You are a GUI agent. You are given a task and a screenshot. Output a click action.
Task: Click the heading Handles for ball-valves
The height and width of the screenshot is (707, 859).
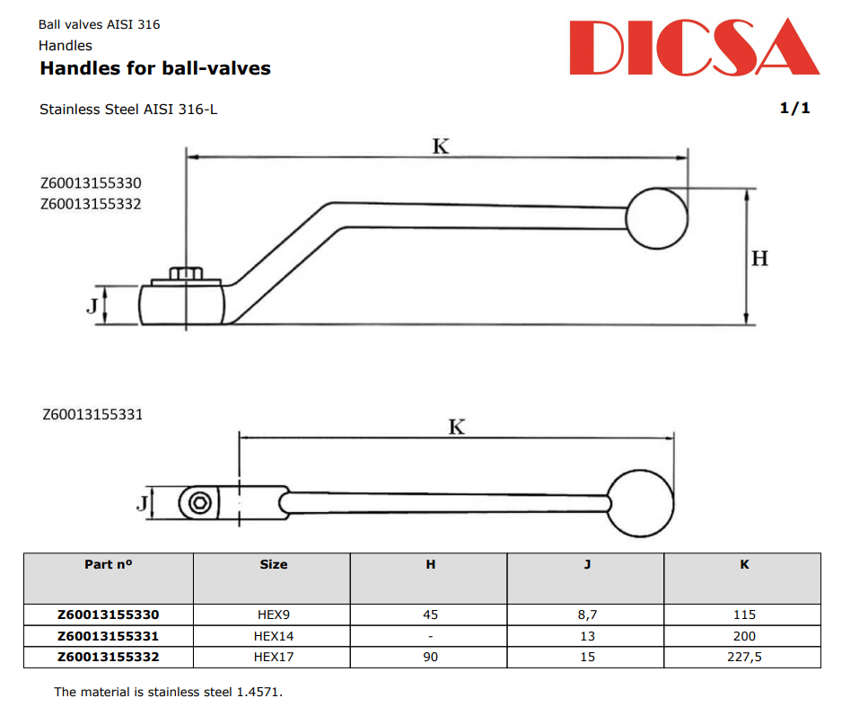[154, 68]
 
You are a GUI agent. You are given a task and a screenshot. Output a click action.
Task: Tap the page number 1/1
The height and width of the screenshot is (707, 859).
[794, 109]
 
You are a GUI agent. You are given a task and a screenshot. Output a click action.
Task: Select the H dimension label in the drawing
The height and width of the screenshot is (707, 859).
[759, 259]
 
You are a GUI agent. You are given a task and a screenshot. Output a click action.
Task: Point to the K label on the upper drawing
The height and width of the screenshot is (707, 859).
[440, 146]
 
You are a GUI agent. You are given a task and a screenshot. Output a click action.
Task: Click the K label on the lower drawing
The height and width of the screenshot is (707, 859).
[457, 427]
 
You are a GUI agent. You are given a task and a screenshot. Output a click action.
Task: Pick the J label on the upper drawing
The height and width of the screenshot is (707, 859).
[92, 306]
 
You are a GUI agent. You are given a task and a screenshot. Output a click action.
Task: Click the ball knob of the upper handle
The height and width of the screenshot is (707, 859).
[657, 218]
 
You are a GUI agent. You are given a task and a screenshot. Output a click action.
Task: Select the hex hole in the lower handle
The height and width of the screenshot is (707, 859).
[200, 502]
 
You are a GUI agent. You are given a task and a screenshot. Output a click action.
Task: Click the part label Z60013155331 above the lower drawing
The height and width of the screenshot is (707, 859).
[92, 415]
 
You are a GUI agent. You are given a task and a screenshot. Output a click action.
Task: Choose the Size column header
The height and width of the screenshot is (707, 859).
[273, 564]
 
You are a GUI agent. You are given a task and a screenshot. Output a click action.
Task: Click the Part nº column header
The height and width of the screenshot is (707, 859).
[108, 564]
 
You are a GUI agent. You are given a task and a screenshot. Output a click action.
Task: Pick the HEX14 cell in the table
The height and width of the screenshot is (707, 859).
[273, 635]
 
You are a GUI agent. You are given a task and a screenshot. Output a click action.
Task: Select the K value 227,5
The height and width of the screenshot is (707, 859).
[743, 657]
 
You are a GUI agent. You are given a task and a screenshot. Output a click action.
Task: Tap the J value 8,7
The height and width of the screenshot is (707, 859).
[586, 614]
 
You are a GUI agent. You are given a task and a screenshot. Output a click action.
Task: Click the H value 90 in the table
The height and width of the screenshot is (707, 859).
[430, 657]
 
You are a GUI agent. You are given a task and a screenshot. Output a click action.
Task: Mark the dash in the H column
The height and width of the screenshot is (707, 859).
[430, 635]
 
